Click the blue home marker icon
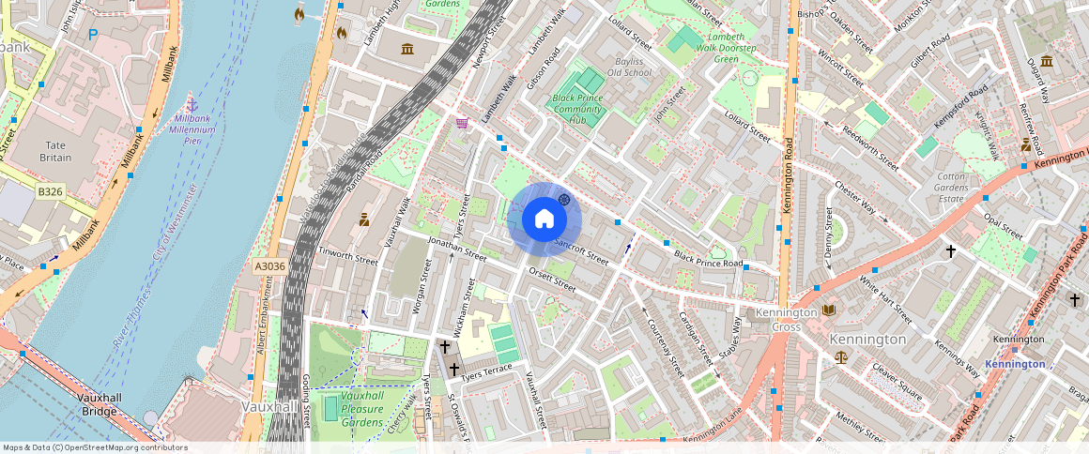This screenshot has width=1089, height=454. click(544, 219)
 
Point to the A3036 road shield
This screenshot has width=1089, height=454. click(269, 266)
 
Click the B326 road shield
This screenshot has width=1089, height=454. click(50, 191)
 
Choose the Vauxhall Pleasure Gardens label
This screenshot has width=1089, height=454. click(361, 409)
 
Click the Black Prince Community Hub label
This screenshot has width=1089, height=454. click(576, 109)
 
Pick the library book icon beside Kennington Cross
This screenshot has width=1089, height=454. click(828, 310)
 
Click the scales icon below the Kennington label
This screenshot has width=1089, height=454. click(840, 357)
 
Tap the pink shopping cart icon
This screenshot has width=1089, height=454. click(461, 123)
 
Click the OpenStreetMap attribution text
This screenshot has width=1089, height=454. click(94, 447)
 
